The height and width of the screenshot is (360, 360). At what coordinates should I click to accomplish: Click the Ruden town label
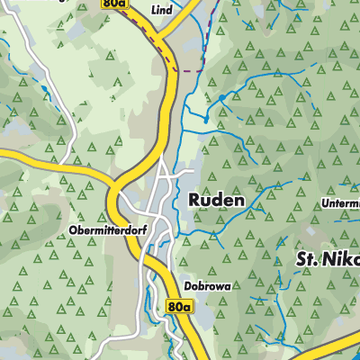[216, 200]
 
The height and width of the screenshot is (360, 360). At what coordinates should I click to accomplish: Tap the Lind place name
[162, 9]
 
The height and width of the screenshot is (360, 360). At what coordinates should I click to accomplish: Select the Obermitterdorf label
[103, 230]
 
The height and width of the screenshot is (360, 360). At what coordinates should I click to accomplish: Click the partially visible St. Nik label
[328, 259]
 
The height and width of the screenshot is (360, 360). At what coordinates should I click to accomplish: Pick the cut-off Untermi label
[339, 204]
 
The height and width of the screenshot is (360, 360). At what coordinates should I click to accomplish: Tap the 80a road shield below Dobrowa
[179, 308]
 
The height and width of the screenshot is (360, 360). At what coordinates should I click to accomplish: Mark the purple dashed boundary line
[187, 70]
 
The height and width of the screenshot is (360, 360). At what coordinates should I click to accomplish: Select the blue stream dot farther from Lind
[205, 119]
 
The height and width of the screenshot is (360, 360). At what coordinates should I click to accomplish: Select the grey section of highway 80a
[169, 99]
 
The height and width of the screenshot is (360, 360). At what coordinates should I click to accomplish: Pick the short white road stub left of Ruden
[185, 170]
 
